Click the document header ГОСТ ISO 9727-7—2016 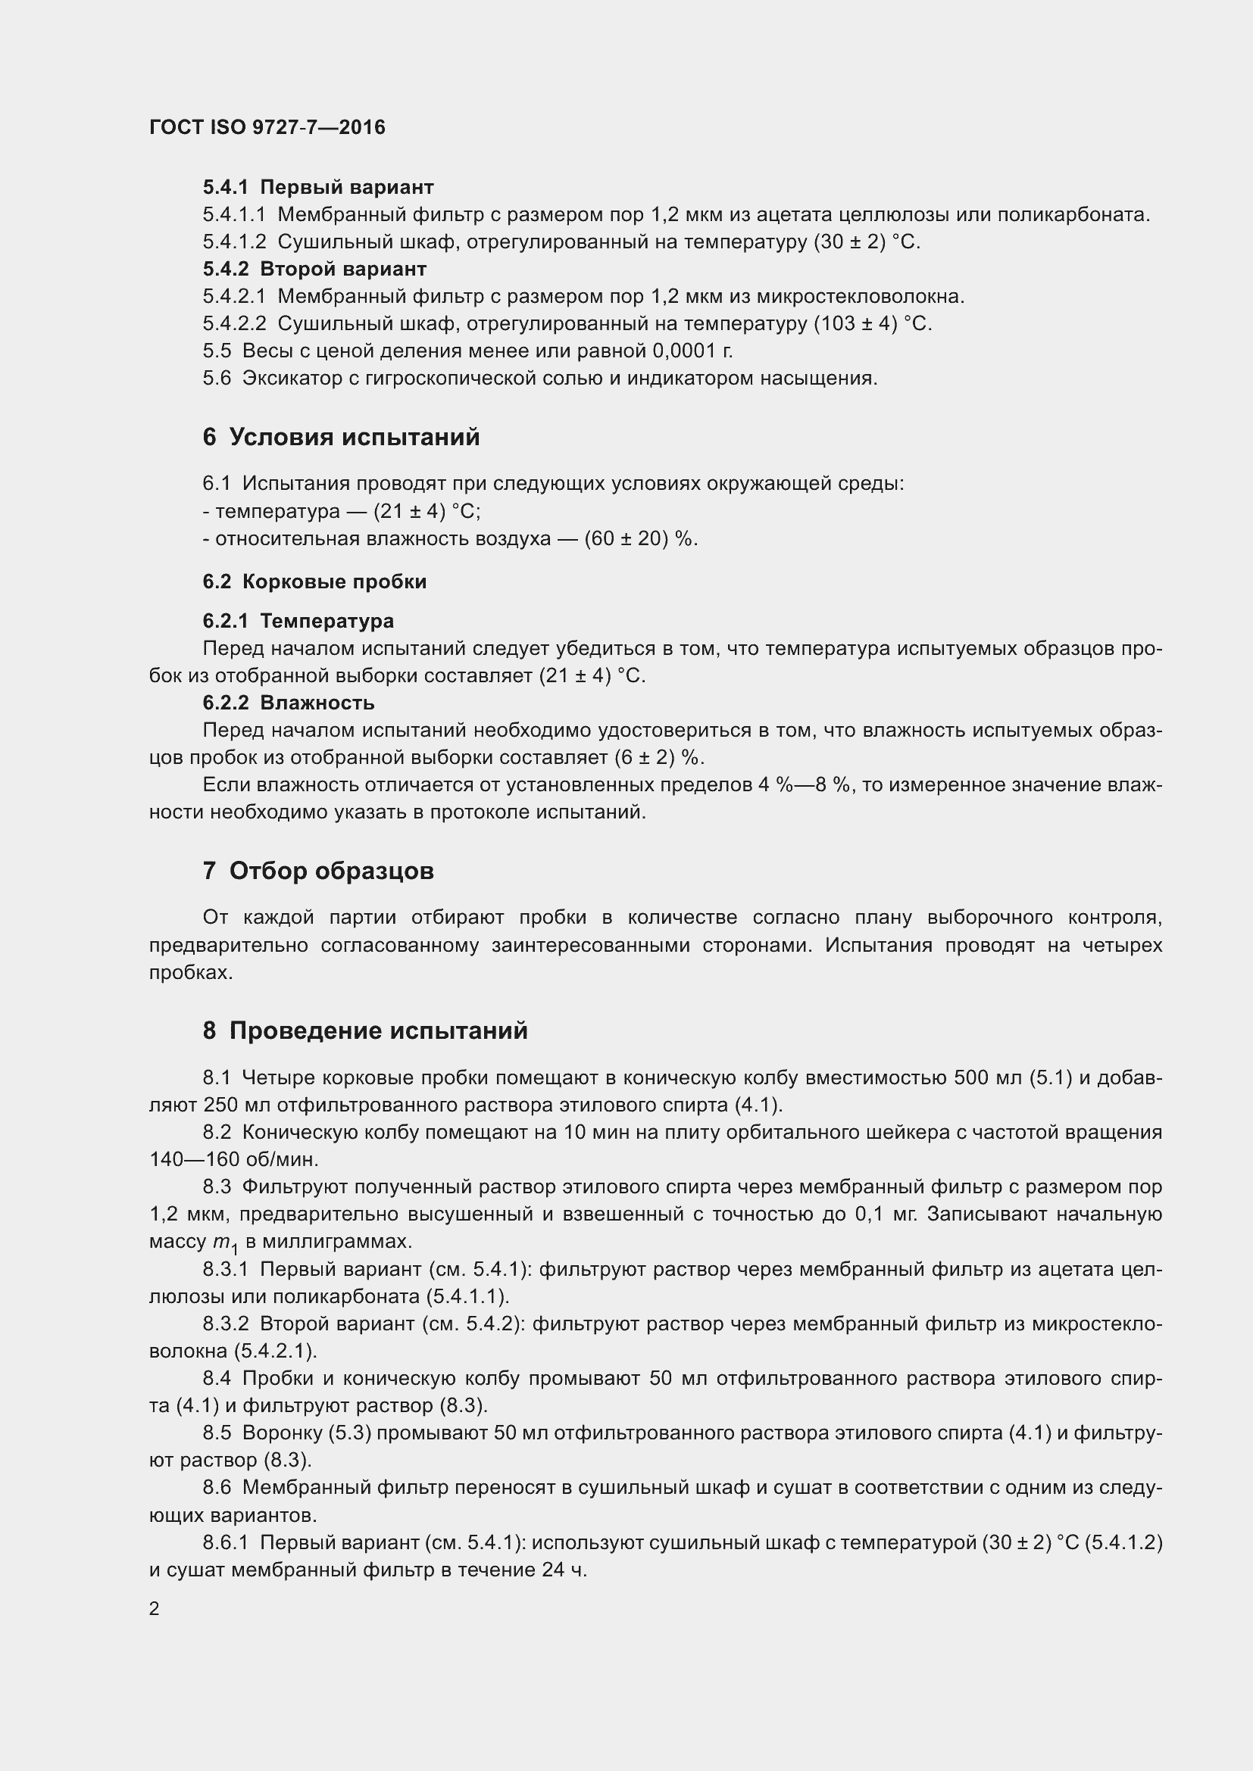[267, 127]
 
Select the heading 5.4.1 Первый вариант [318, 188]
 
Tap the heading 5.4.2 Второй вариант [314, 270]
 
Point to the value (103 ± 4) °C [873, 324]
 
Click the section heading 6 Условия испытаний [341, 438]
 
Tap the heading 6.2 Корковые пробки [314, 581]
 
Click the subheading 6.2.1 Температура [298, 621]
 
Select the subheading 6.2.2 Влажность [289, 703]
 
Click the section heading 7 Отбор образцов [318, 871]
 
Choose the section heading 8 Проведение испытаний [365, 1030]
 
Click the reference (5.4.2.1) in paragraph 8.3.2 [275, 1351]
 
